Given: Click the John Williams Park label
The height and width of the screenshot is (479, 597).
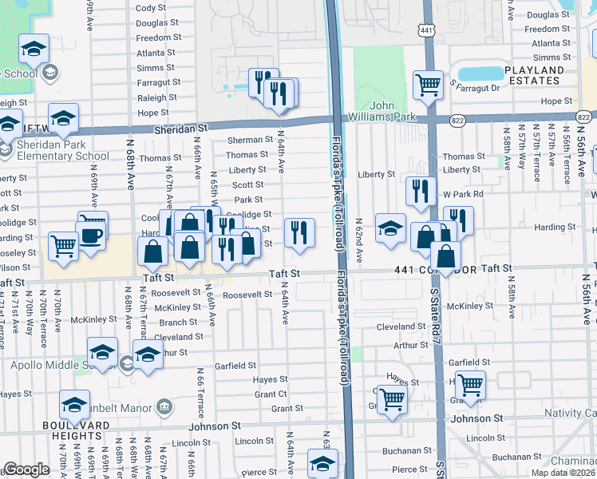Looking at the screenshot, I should click(x=394, y=111).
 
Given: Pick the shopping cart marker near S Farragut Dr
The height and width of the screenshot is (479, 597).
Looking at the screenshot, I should click(x=429, y=84).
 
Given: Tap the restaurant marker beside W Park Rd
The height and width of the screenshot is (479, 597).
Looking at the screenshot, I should click(x=421, y=192).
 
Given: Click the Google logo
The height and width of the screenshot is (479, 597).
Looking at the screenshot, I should click(x=26, y=469).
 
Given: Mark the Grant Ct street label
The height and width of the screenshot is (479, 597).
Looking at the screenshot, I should click(x=271, y=394).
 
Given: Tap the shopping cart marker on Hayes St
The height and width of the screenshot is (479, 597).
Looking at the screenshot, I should click(x=392, y=399).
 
